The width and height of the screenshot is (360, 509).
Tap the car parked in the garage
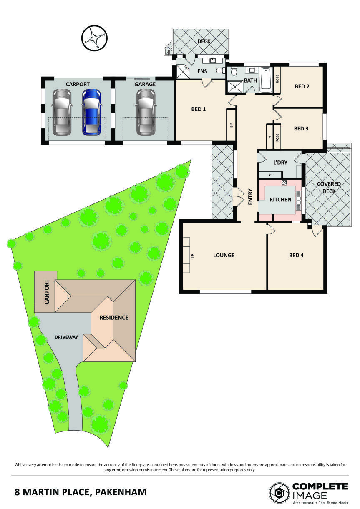coord(146,112)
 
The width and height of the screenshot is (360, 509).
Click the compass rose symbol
coord(94,38)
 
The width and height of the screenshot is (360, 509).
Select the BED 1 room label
coord(198,109)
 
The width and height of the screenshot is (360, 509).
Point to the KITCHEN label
coord(280,200)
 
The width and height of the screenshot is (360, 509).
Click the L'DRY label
coord(280,163)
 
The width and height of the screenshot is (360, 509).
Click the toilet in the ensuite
coord(220,71)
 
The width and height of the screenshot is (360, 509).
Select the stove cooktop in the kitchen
coord(284,182)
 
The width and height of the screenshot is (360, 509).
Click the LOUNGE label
coord(224,255)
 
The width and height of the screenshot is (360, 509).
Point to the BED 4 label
coord(296,255)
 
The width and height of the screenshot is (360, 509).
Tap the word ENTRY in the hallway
coord(250,197)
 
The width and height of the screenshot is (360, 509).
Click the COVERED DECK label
coord(329,188)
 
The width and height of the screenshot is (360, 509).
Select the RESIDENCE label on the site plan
coord(114,317)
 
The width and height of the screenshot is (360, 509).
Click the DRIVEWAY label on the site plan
coord(66,337)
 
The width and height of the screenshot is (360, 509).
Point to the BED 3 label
coord(301,129)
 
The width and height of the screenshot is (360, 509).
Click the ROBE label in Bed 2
coord(277,79)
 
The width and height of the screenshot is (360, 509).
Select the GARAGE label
coord(145,84)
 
